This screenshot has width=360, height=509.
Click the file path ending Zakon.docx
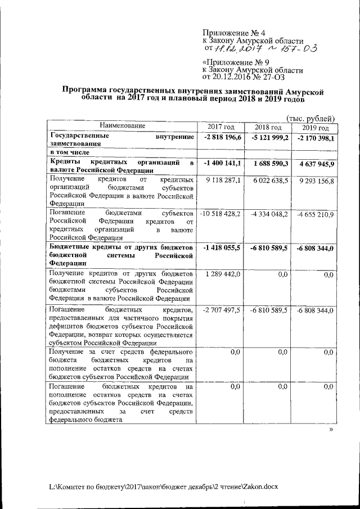click(x=163, y=485)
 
